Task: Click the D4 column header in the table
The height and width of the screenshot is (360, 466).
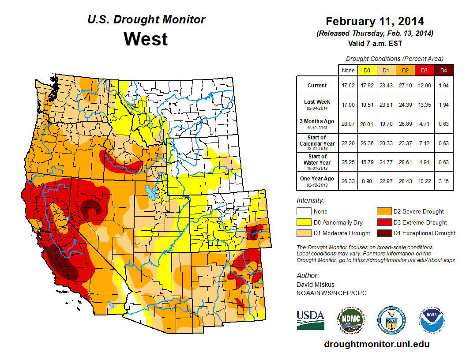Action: pyautogui.click(x=444, y=70)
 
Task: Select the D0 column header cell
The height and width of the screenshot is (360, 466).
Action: pyautogui.click(x=366, y=70)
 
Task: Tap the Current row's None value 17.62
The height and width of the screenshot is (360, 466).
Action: pyautogui.click(x=348, y=86)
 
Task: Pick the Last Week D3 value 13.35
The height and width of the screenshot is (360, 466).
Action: pyautogui.click(x=425, y=105)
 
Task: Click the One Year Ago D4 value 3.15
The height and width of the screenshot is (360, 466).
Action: pyautogui.click(x=444, y=181)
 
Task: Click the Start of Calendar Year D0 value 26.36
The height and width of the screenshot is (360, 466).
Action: pyautogui.click(x=366, y=143)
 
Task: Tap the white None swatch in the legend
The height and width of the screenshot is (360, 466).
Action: pyautogui.click(x=303, y=211)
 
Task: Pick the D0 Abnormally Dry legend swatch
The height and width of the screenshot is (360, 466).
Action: pyautogui.click(x=303, y=222)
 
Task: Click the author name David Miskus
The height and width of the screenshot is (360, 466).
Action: pyautogui.click(x=315, y=285)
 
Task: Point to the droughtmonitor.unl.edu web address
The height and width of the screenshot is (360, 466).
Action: pyautogui.click(x=376, y=344)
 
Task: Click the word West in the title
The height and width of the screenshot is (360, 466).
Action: pyautogui.click(x=146, y=39)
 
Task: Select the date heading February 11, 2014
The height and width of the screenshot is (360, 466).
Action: pyautogui.click(x=375, y=21)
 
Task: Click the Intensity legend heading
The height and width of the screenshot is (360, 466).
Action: pyautogui.click(x=310, y=200)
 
